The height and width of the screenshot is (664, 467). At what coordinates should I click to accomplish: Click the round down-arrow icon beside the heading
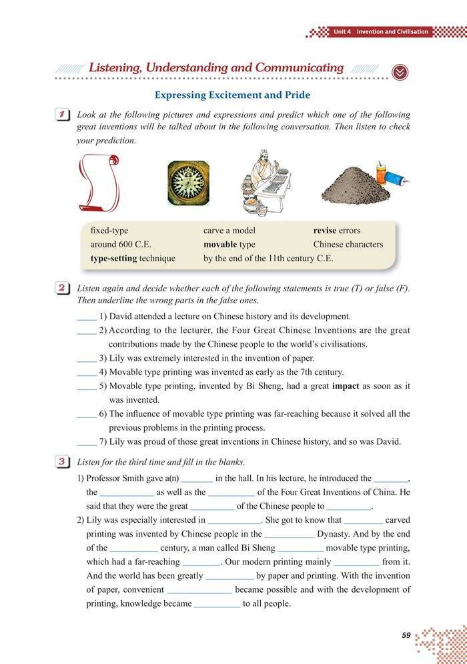click(x=400, y=71)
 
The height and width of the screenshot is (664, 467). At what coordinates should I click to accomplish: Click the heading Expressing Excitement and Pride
click(x=232, y=95)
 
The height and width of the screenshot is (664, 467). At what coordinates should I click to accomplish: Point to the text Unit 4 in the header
click(x=342, y=31)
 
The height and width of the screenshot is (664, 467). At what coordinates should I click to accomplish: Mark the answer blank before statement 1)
click(x=86, y=317)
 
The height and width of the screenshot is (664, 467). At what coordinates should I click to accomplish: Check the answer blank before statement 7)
click(x=86, y=441)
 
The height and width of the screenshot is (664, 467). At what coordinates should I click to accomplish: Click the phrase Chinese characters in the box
click(x=348, y=245)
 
